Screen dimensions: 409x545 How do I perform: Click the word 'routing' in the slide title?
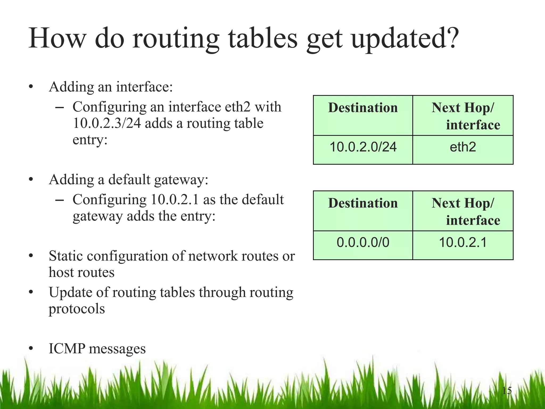pos(176,39)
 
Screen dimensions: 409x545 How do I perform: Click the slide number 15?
pos(507,391)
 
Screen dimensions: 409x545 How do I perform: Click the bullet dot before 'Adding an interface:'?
pos(31,87)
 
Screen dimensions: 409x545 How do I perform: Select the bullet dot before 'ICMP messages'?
pos(31,349)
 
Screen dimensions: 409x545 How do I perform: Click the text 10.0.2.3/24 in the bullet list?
pos(107,124)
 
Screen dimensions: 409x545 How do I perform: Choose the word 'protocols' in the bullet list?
pos(77,309)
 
